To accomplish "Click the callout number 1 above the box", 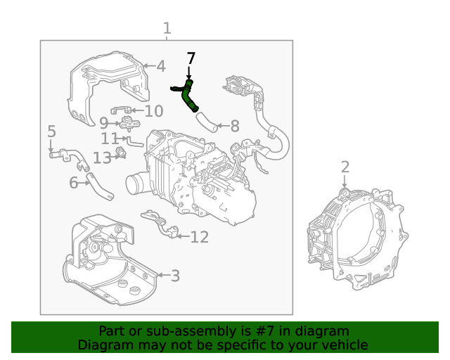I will coord(167,29).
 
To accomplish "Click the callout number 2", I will coord(345,167).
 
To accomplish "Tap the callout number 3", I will coord(175,276).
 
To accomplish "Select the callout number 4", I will coord(161,67).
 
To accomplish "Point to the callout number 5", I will coord(51,131).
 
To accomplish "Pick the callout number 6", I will coord(74,184).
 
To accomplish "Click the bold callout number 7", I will coord(190,58).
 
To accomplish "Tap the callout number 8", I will coord(234,127).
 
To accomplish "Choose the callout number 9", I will coord(103,124).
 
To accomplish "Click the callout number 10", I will coord(153,111).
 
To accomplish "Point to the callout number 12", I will coord(199,237).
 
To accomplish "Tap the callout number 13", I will coord(102,157).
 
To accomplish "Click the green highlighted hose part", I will coord(188,96).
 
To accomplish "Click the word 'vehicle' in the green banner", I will coord(342,345).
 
